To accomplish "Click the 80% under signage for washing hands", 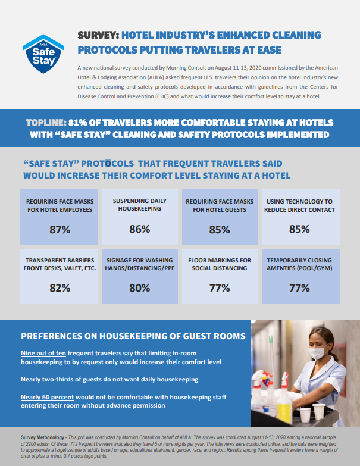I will coord(139,287).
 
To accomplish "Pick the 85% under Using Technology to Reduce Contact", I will coord(299,229).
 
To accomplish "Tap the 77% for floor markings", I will coord(219,287).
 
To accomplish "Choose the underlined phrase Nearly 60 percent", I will coord(45,397).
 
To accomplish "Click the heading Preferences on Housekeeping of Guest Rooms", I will coord(133,336).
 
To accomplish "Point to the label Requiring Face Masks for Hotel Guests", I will coord(219,205).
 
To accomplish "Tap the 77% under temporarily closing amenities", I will coord(299,287).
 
